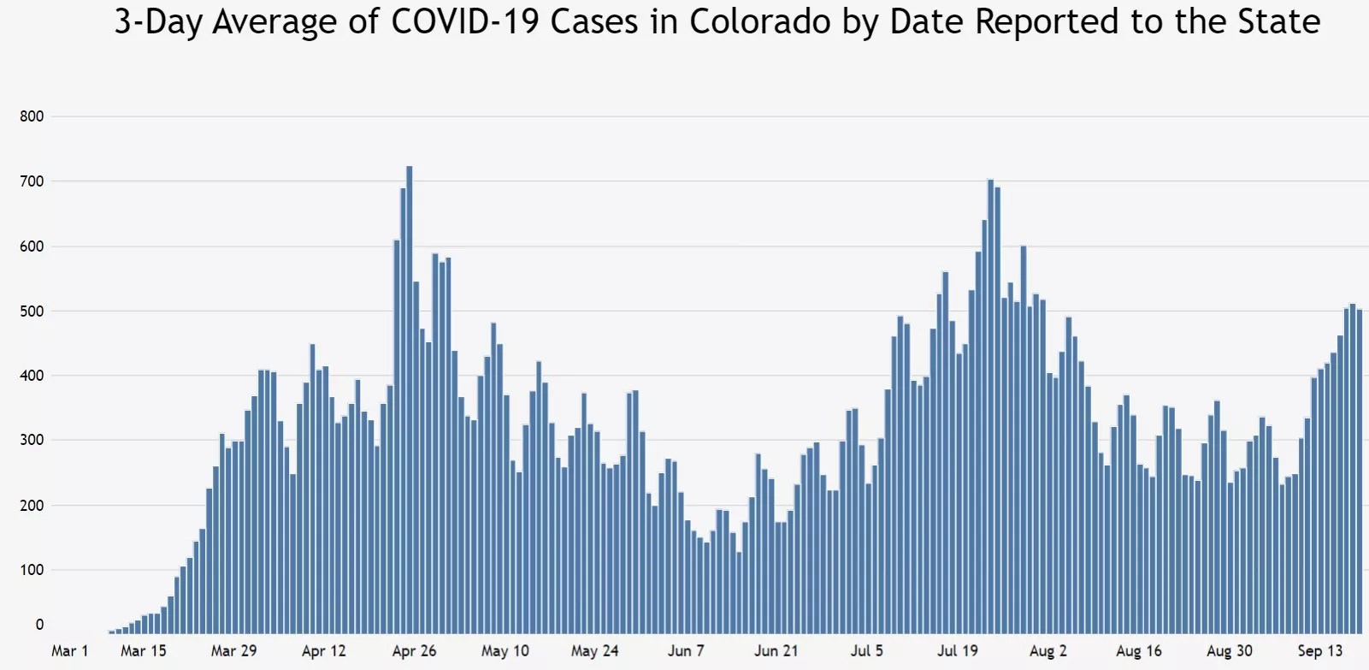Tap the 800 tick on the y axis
point(32,116)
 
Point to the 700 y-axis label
point(32,181)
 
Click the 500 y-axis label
point(32,311)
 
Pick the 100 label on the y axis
point(32,570)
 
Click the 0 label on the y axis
point(39,625)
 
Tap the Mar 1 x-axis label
point(70,651)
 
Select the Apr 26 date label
point(415,651)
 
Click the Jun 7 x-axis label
point(686,651)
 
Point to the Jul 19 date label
point(958,651)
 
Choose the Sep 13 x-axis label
point(1320,651)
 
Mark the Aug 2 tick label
point(1048,651)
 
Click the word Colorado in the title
point(760,22)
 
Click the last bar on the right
point(1360,471)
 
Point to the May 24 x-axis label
point(595,651)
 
